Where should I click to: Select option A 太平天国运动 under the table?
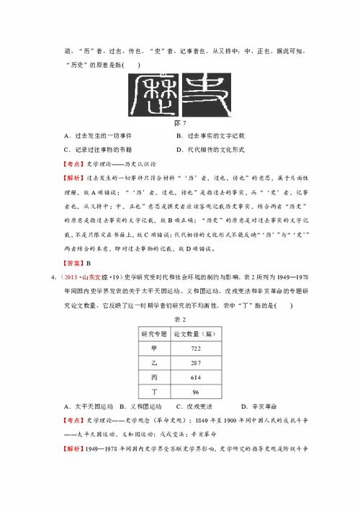click(85, 407)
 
